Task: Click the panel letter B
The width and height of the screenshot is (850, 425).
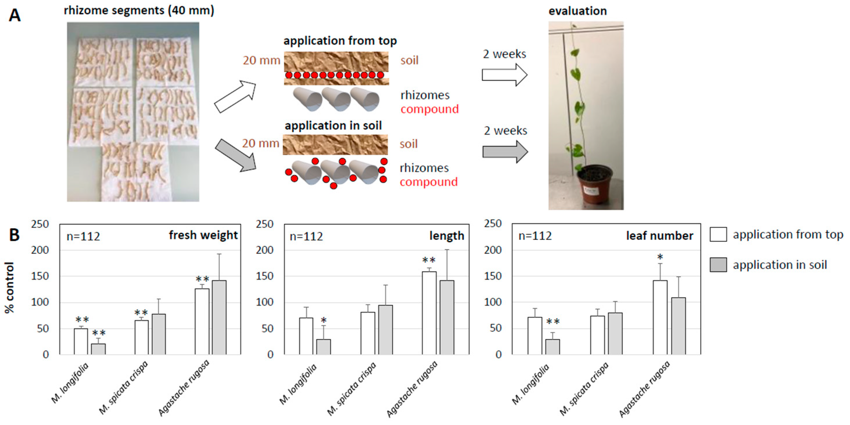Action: [x=14, y=235]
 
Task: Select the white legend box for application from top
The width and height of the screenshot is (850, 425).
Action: [x=718, y=234]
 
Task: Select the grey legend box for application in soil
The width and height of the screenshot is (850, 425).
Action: [x=718, y=265]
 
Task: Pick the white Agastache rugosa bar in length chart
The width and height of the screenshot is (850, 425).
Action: [x=429, y=313]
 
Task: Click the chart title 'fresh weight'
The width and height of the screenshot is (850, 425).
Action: [x=203, y=235]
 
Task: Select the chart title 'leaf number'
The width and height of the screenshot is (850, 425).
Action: [x=660, y=236]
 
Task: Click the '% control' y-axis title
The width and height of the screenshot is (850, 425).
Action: [x=10, y=287]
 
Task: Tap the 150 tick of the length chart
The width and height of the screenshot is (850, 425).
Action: [x=265, y=276]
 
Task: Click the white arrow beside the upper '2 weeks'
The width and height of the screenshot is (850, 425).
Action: [x=504, y=75]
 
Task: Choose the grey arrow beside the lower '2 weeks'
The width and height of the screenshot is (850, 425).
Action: [x=505, y=151]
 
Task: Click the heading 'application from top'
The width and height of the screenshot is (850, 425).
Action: [x=340, y=41]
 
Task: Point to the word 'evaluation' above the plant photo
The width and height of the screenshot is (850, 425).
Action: [x=577, y=11]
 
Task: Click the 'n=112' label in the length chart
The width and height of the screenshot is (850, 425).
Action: [x=306, y=236]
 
